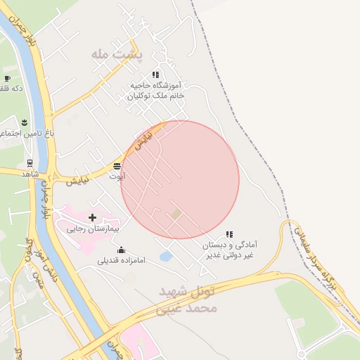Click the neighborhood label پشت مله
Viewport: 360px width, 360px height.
tap(116, 53)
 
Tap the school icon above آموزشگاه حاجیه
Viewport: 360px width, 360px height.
tap(155, 75)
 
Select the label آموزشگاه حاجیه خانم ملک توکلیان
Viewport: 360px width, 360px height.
tap(156, 89)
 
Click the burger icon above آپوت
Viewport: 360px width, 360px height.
tap(117, 166)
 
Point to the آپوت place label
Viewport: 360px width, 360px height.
tap(117, 176)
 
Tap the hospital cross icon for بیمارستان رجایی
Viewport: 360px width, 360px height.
tap(93, 217)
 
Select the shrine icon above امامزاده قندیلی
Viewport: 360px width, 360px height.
tap(121, 250)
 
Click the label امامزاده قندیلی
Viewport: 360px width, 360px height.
tap(121, 260)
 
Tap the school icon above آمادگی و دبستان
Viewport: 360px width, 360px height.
tap(229, 235)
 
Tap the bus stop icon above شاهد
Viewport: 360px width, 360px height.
tap(30, 162)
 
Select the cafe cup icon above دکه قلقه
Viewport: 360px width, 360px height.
tap(7, 78)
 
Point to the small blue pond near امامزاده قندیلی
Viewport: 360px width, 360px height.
tap(166, 257)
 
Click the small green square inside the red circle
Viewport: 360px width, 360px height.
tap(176, 213)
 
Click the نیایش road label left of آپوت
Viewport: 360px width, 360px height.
tap(78, 181)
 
